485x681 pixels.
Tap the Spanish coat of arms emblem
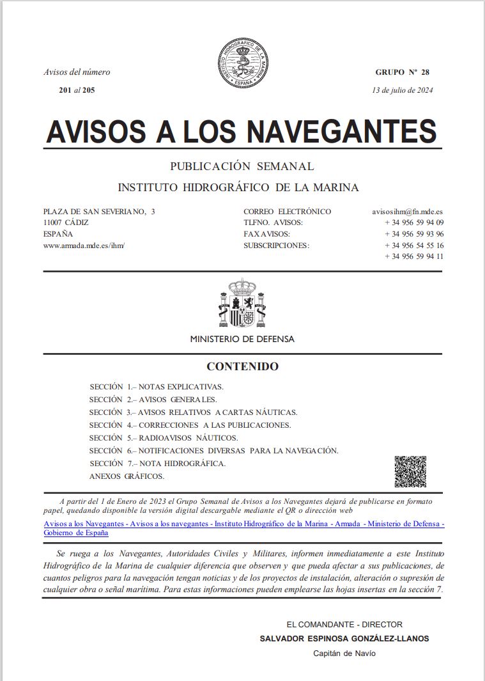point(242,302)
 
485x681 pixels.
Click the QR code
point(410,471)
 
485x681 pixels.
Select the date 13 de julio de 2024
point(403,90)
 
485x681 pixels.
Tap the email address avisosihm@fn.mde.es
point(408,212)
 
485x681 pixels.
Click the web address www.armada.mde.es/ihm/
point(84,246)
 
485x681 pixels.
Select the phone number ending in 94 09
point(414,223)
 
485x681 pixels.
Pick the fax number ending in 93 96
point(414,234)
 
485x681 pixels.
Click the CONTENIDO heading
point(242,367)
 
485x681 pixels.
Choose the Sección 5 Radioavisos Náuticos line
point(164,438)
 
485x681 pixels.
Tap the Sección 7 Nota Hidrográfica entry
point(158,464)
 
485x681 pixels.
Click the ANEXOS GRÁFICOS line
point(127,476)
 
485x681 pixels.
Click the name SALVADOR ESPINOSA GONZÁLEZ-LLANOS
point(344,639)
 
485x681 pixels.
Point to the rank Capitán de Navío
point(344,653)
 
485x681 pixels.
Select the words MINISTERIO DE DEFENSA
point(242,340)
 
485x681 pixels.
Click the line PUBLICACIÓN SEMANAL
point(242,166)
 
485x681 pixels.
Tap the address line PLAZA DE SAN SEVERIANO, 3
point(99,212)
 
